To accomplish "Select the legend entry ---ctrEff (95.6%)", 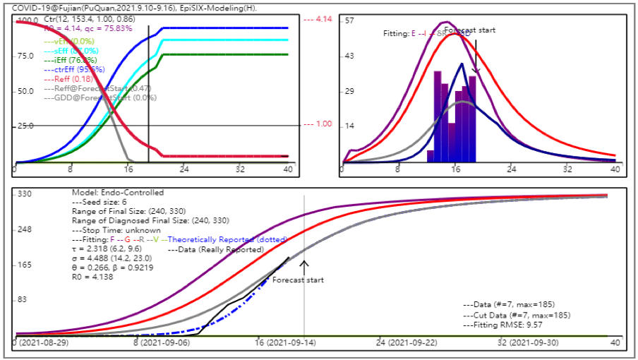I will [x=75, y=70].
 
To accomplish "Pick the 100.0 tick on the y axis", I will [x=26, y=20].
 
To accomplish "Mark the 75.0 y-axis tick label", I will [x=26, y=56].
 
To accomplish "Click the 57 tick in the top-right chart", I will [x=349, y=20].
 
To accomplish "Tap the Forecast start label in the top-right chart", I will [x=469, y=30].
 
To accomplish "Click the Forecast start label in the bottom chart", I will [x=299, y=280].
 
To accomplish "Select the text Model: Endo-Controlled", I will [x=119, y=193].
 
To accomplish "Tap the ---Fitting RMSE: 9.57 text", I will [x=502, y=326].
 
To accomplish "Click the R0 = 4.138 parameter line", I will [x=92, y=277].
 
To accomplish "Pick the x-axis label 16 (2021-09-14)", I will [x=286, y=342].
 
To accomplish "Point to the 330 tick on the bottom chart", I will [x=25, y=193].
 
